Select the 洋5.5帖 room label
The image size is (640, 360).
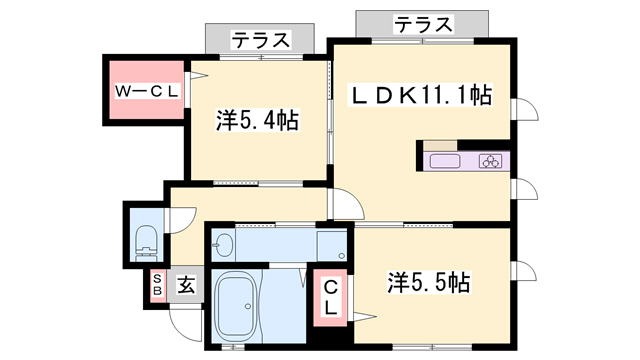click(427, 283)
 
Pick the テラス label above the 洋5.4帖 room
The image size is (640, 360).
click(262, 40)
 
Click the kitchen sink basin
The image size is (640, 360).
click(445, 161)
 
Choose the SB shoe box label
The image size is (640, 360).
click(157, 284)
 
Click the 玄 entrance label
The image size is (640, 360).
click(186, 285)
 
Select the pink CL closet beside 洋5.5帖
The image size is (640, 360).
click(329, 297)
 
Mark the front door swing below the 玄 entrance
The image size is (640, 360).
click(186, 317)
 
